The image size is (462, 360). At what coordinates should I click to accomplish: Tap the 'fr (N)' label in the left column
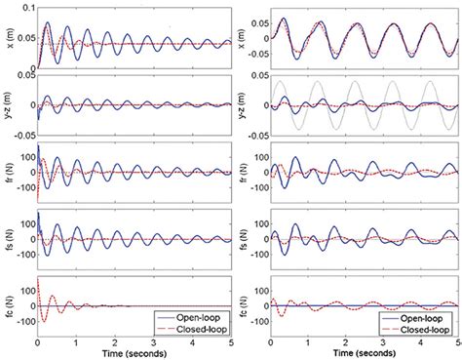pyautogui.click(x=8, y=173)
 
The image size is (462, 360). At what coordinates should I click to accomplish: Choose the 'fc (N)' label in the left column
pyautogui.click(x=8, y=304)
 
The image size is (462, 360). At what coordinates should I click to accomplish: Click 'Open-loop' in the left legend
pyautogui.click(x=195, y=315)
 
